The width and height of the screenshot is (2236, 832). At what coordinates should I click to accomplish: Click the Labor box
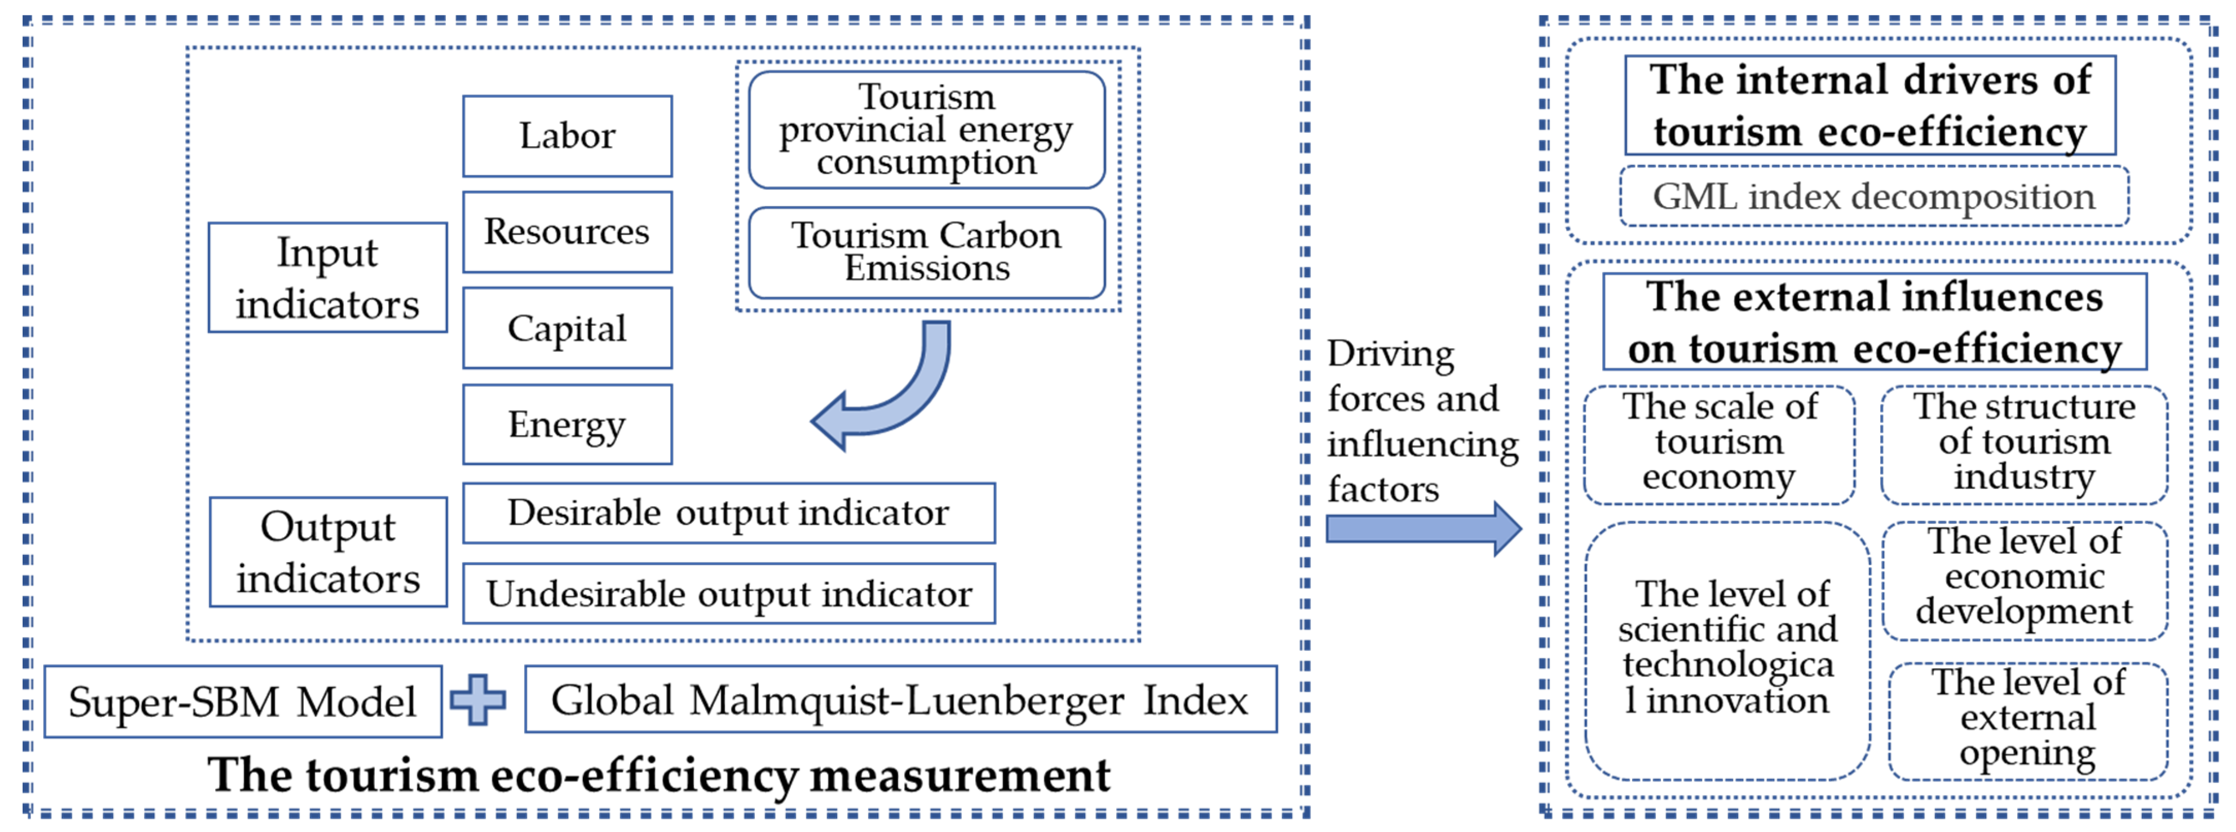pyautogui.click(x=567, y=137)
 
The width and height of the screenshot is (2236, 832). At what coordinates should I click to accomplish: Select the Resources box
pyautogui.click(x=567, y=232)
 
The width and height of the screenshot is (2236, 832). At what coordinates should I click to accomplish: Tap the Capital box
pyautogui.click(x=567, y=328)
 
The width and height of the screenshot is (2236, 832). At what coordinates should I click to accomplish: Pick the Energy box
pyautogui.click(x=567, y=425)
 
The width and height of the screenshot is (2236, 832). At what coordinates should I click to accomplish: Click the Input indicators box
pyautogui.click(x=327, y=278)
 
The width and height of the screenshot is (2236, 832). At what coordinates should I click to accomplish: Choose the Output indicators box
pyautogui.click(x=328, y=552)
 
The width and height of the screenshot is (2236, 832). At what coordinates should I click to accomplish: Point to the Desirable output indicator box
pyautogui.click(x=729, y=513)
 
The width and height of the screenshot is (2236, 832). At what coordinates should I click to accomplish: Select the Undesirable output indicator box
pyautogui.click(x=729, y=594)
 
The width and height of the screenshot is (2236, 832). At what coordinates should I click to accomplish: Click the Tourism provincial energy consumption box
pyautogui.click(x=926, y=130)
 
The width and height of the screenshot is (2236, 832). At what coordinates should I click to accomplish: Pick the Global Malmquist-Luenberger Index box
pyautogui.click(x=900, y=700)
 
